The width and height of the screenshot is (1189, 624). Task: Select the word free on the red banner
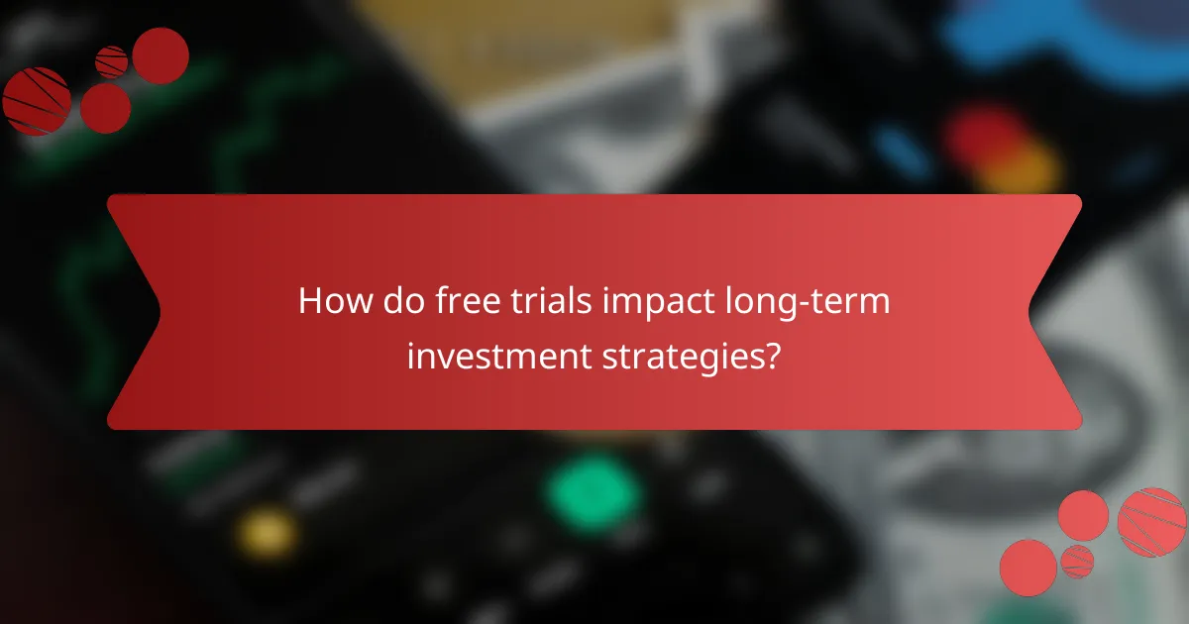point(462,301)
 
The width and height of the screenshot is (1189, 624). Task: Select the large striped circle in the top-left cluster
point(36,101)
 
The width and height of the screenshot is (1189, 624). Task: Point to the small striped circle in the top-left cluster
point(112,61)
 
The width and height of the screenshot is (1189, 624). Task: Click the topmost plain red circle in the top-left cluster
point(161,55)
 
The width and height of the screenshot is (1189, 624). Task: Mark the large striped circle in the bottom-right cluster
point(1151,521)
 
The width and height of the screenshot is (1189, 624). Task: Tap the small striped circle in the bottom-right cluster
point(1077,561)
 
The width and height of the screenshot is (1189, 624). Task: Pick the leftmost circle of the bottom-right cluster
point(1028,568)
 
